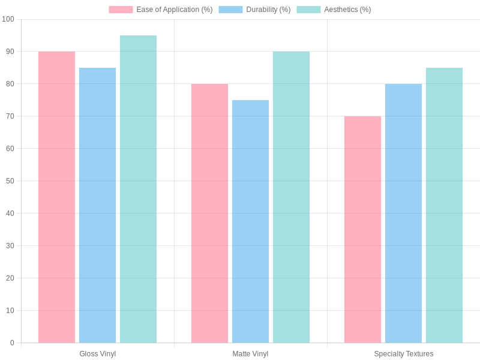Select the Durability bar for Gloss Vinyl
tap(97, 205)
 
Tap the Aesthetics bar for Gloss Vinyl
tap(138, 189)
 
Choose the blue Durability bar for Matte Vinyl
tap(250, 221)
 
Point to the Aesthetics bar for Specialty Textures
tap(444, 205)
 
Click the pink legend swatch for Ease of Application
tap(121, 10)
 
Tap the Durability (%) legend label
tap(268, 10)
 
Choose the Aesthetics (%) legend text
tap(347, 10)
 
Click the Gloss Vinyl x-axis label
tap(97, 354)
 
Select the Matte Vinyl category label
tap(250, 354)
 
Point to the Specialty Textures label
tap(403, 354)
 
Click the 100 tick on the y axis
tap(8, 19)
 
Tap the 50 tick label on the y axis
tap(10, 181)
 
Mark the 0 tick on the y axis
tap(12, 343)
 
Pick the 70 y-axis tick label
tap(10, 116)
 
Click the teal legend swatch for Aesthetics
tap(308, 10)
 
